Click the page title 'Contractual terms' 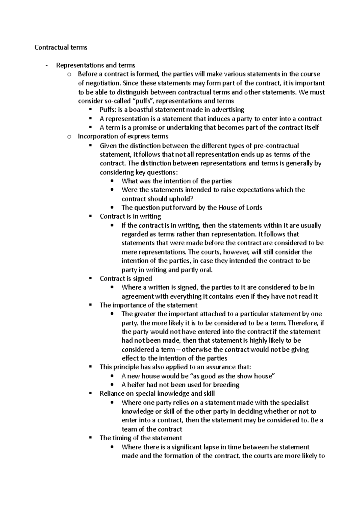[61, 47]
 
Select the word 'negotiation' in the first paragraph [100, 83]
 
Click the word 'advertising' [227, 110]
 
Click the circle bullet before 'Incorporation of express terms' [70, 137]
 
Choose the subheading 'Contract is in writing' [130, 216]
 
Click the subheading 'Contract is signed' [126, 278]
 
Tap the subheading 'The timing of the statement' [141, 438]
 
